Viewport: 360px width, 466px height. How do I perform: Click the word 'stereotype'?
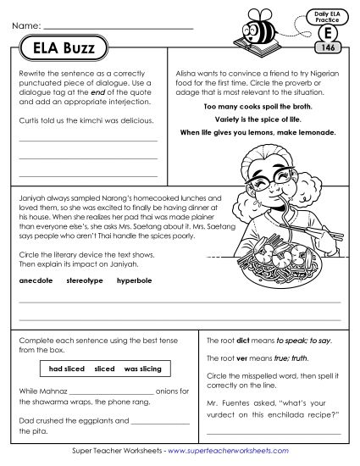84,279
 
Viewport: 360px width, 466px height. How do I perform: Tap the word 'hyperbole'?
135,279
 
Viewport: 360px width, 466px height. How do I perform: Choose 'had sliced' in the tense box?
64,369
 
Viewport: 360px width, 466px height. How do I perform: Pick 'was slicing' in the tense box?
141,369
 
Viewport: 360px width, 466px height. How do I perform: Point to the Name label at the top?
26,28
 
